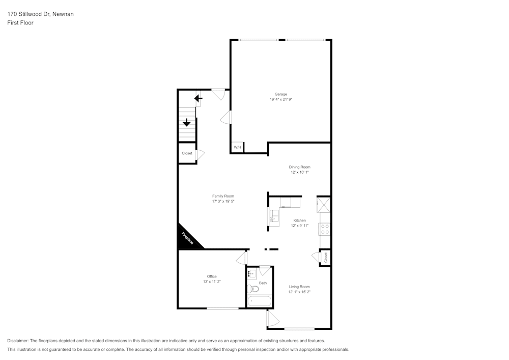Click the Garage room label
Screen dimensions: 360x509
(x=281, y=94)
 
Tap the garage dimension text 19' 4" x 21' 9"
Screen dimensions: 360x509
(x=281, y=100)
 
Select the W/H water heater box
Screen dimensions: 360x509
(x=237, y=148)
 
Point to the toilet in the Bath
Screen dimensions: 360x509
(x=253, y=289)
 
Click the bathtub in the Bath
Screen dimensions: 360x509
(x=260, y=301)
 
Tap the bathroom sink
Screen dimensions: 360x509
(x=252, y=275)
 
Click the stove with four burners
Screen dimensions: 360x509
(x=324, y=229)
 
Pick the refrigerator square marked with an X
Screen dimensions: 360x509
(x=324, y=204)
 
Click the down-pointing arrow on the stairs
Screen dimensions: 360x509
(x=187, y=122)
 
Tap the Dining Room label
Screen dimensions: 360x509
(x=299, y=167)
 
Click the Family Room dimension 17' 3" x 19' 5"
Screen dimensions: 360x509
(x=223, y=202)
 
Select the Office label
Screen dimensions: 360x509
(x=212, y=276)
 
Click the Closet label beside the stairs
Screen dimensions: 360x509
(x=187, y=153)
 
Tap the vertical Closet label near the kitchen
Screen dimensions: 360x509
(x=326, y=258)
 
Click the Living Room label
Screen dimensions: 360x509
(x=299, y=287)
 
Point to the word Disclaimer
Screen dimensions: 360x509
(x=18, y=341)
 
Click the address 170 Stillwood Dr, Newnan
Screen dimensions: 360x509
(x=40, y=14)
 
